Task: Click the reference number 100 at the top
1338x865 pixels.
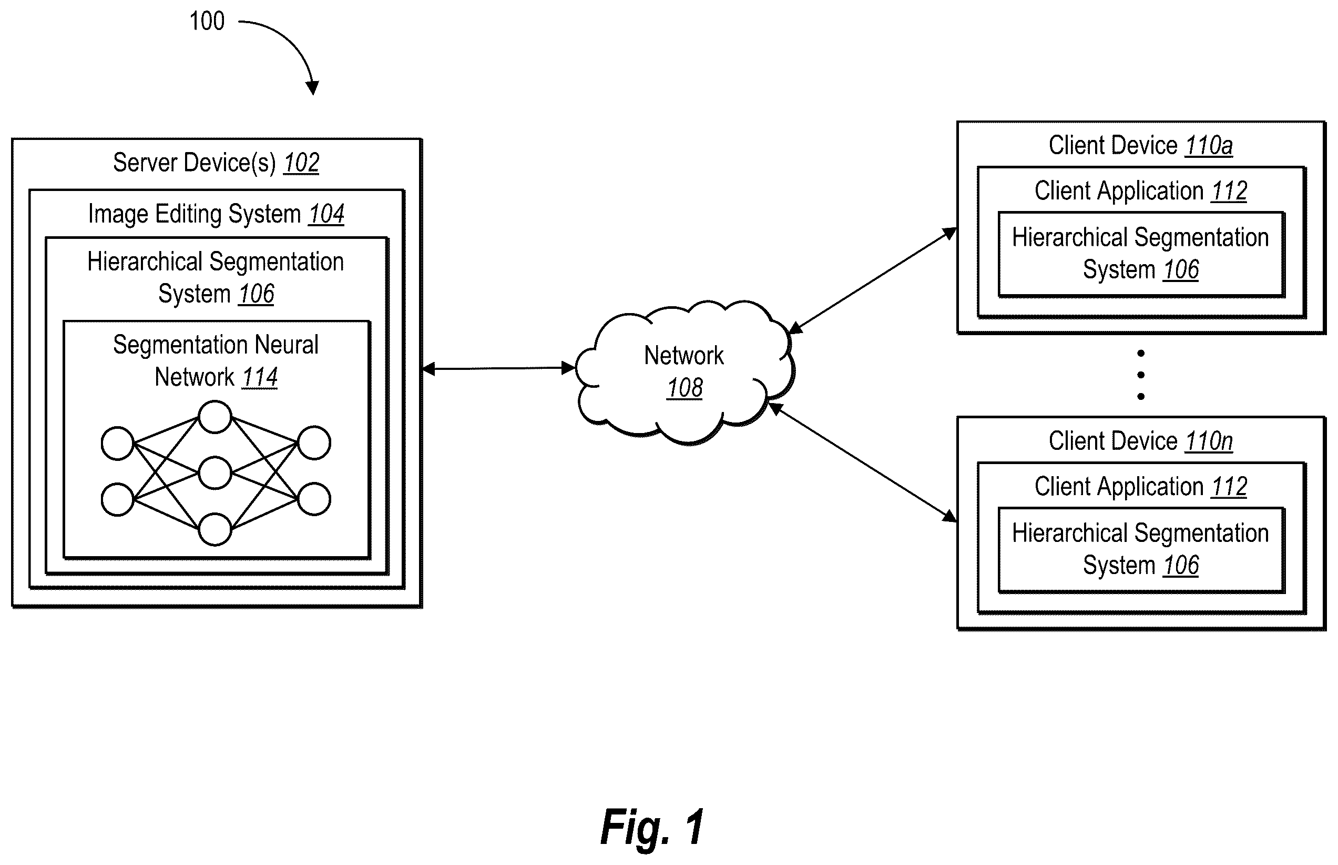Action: (207, 22)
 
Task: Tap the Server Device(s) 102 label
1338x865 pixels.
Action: (216, 163)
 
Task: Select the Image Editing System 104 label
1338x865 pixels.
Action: (216, 214)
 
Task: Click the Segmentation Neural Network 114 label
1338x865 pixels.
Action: (216, 360)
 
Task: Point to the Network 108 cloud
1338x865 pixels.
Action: (685, 372)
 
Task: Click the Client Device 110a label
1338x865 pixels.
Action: (1140, 145)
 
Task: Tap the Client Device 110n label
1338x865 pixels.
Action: (1140, 441)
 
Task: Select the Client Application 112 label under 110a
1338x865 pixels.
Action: (1140, 191)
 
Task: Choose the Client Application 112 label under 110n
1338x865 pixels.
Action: (1140, 486)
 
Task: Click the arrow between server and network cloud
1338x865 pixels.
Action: (498, 368)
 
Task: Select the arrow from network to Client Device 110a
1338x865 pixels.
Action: (873, 280)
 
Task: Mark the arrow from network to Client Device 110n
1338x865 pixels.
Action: (863, 462)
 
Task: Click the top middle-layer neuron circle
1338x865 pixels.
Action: (215, 417)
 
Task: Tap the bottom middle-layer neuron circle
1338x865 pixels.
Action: (215, 529)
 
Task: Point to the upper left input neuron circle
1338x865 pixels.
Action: (117, 443)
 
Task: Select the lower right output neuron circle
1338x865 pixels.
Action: (314, 499)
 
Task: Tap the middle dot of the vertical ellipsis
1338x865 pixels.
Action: (1140, 375)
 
